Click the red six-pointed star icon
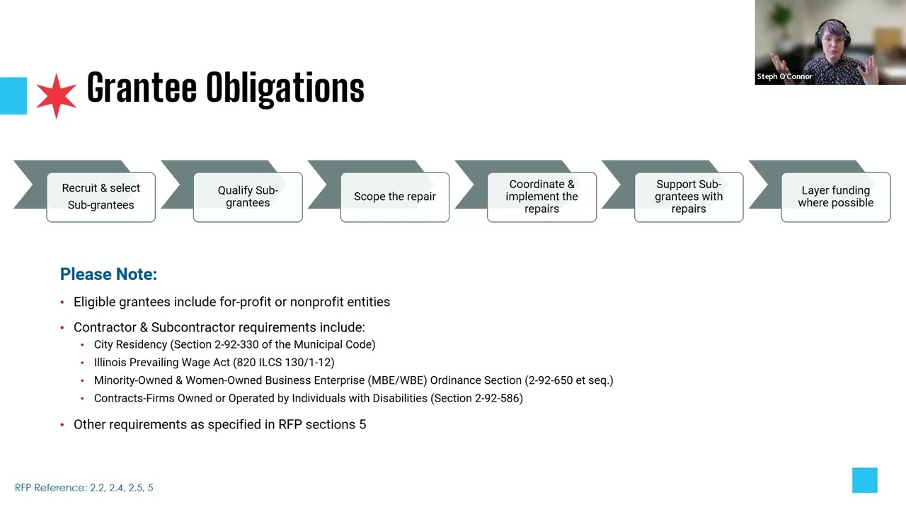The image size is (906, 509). coord(56,95)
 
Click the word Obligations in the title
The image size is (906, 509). coord(285,88)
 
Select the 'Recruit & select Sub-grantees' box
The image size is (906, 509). coord(101,197)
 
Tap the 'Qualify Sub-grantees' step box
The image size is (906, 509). coord(248,197)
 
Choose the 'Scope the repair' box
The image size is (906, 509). coord(395,197)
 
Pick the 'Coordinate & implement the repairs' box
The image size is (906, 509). coord(541,197)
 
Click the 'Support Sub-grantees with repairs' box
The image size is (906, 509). coord(689,197)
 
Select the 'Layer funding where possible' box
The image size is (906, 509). coord(836,197)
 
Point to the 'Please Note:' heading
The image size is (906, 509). coord(108,274)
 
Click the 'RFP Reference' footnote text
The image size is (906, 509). coord(84,488)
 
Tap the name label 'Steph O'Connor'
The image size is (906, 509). coord(784,76)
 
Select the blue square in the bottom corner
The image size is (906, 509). coord(865,480)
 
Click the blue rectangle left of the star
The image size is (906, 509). coord(13,95)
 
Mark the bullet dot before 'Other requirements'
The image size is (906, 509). coord(62,425)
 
